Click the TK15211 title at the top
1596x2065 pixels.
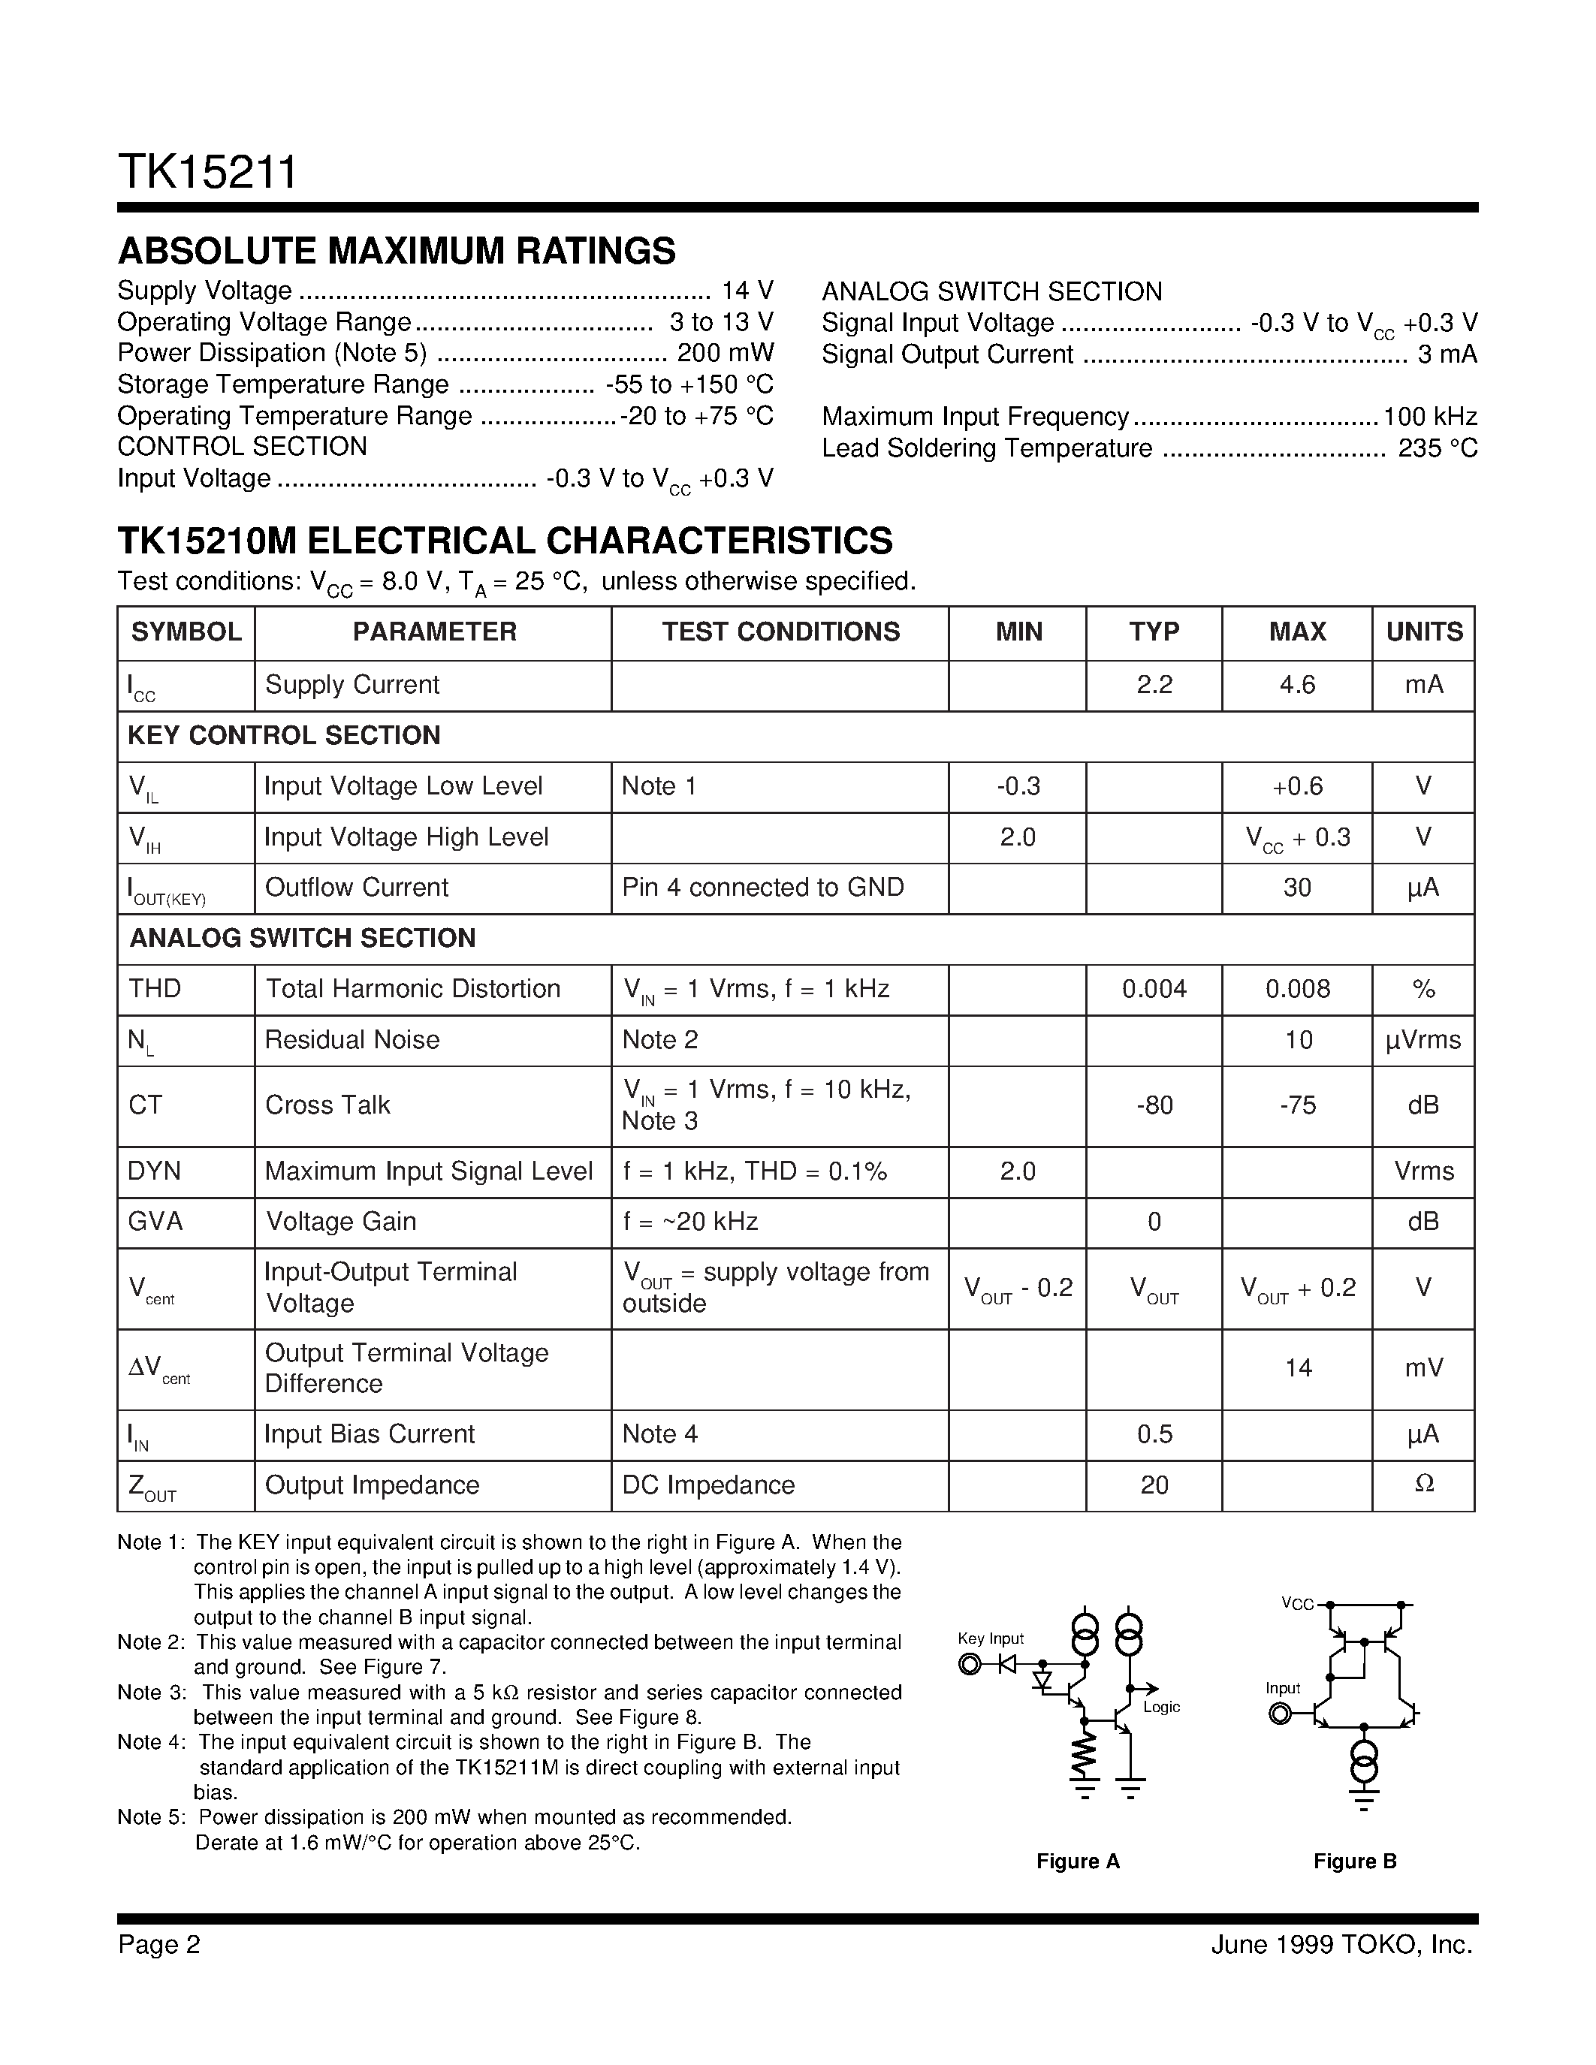pyautogui.click(x=207, y=173)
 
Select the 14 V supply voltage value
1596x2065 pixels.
pyautogui.click(x=747, y=291)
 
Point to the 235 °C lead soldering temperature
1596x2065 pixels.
pyautogui.click(x=1438, y=448)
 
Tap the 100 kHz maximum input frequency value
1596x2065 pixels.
pyautogui.click(x=1429, y=417)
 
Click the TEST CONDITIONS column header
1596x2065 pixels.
pyautogui.click(x=780, y=632)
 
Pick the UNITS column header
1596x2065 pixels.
pyautogui.click(x=1424, y=632)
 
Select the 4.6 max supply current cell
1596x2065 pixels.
pyautogui.click(x=1296, y=685)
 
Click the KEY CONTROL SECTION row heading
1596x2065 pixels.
pyautogui.click(x=284, y=736)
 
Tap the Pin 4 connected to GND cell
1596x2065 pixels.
pyautogui.click(x=762, y=887)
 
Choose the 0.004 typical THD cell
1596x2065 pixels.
pyautogui.click(x=1154, y=989)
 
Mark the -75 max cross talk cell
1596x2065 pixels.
pyautogui.click(x=1296, y=1105)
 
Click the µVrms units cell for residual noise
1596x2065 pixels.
pyautogui.click(x=1423, y=1040)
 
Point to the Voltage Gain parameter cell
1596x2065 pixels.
pyautogui.click(x=340, y=1222)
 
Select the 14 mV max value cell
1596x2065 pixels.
pyautogui.click(x=1297, y=1367)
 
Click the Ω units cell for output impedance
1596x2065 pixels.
pyautogui.click(x=1423, y=1485)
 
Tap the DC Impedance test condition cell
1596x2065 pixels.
pyautogui.click(x=707, y=1485)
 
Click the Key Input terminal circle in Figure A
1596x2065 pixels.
pyautogui.click(x=969, y=1664)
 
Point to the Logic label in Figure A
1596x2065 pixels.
pyautogui.click(x=1161, y=1707)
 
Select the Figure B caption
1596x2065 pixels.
pyautogui.click(x=1354, y=1861)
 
